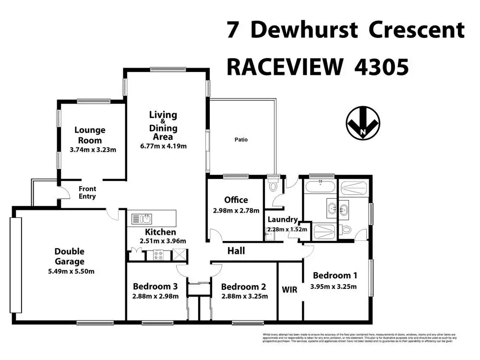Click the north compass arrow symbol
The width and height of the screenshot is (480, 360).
(363, 123)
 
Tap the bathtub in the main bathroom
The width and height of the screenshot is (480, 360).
(320, 187)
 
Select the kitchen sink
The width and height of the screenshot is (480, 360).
(142, 219)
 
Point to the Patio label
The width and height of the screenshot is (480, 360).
(241, 140)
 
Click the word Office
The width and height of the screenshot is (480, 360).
(236, 200)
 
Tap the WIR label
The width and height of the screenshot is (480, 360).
(290, 290)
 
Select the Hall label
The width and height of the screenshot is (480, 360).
(236, 251)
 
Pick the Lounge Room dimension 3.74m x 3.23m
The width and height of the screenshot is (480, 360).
(90, 150)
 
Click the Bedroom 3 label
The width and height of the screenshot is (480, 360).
(155, 287)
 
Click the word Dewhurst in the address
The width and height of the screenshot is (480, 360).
(304, 30)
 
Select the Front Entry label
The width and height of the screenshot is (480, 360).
(87, 192)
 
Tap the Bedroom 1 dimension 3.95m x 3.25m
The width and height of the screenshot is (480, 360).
(335, 287)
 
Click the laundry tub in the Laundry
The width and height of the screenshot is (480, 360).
(271, 236)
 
